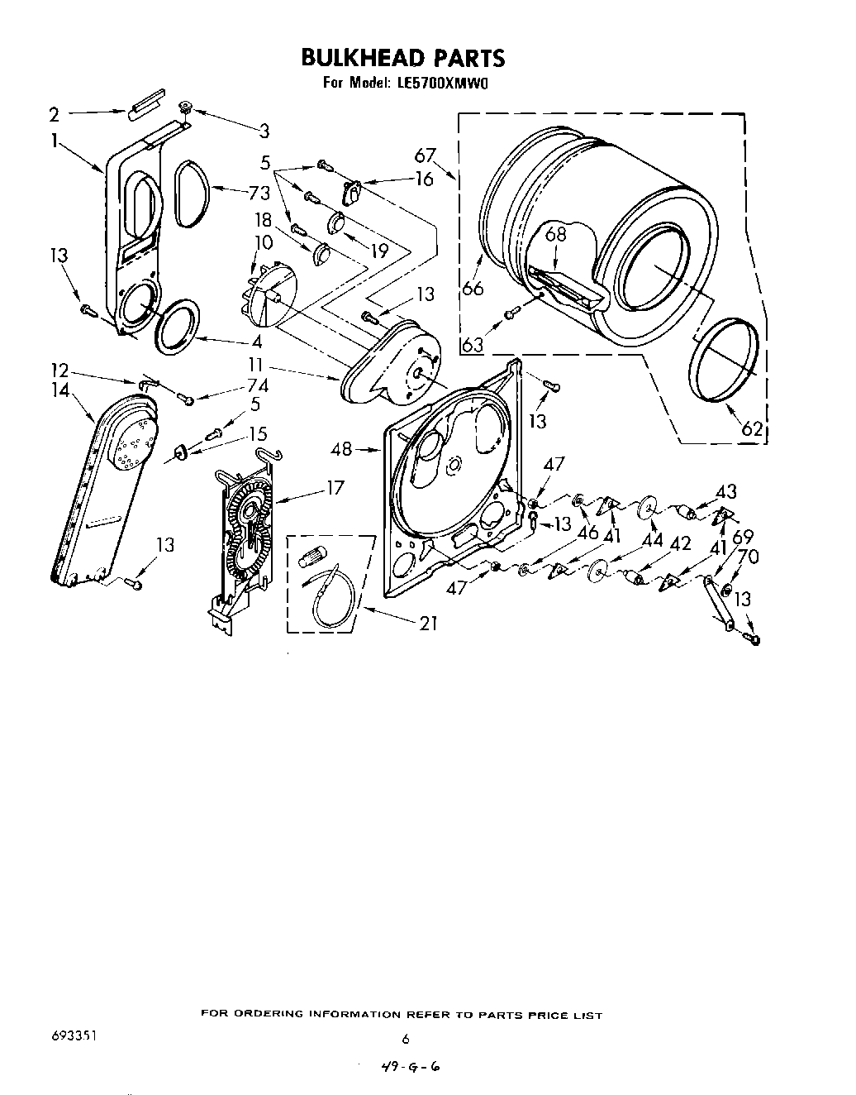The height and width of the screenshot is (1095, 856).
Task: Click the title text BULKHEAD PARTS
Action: [x=402, y=57]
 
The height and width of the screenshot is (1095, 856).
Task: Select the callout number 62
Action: [x=750, y=428]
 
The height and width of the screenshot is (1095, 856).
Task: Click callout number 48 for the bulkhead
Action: [x=342, y=449]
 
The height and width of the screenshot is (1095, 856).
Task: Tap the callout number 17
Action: [x=335, y=487]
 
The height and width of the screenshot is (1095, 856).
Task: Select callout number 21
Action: [x=428, y=624]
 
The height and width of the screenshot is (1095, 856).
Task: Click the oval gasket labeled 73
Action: [x=193, y=193]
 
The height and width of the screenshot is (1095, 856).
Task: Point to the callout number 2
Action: [x=54, y=114]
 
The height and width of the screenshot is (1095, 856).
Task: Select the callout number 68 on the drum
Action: [x=556, y=234]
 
